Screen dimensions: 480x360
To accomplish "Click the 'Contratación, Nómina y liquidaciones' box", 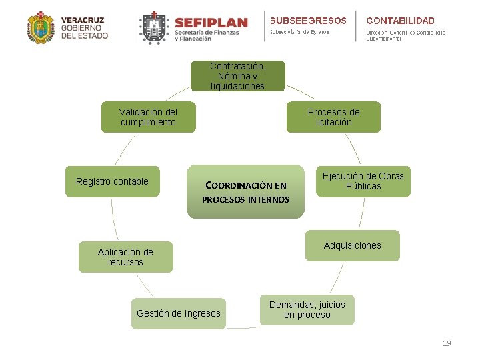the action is (237, 76).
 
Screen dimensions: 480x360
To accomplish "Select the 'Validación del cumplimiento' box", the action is (148, 117).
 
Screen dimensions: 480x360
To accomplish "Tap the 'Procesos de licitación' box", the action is (333, 117).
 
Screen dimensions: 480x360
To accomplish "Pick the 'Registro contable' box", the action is (112, 181).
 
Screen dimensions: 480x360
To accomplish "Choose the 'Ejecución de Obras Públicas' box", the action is (363, 181).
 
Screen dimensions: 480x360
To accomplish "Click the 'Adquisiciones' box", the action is (352, 245).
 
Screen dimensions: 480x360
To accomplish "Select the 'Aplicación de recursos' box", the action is (125, 257).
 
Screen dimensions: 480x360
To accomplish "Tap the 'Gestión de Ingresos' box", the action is (178, 313).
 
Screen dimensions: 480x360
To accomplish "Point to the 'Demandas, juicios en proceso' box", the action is (307, 310).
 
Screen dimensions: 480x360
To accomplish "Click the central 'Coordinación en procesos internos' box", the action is (245, 192).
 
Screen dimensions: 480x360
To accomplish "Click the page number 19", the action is (447, 343).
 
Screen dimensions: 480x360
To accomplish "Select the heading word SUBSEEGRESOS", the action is (308, 21).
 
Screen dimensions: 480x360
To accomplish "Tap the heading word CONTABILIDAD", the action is (400, 21).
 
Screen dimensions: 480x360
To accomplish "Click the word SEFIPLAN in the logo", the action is (211, 23).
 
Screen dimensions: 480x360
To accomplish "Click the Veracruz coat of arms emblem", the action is (41, 28).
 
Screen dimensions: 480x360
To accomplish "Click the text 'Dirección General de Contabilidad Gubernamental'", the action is (405, 35).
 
